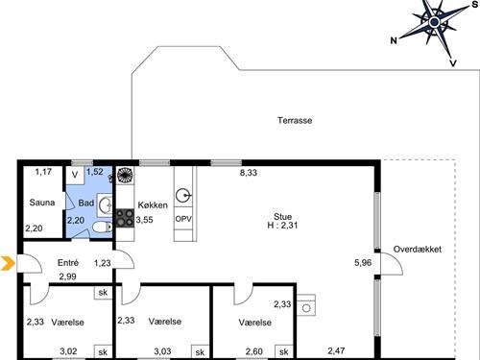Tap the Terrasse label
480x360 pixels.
point(296,121)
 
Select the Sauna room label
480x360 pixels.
point(41,203)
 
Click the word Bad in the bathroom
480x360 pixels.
point(85,204)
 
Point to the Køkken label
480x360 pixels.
point(153,205)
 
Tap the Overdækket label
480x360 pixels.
point(417,249)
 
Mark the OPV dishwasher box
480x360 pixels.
point(182,218)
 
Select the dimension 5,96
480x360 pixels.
point(362,262)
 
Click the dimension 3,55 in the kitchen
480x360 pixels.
point(144,220)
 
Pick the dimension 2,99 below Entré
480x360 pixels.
point(67,276)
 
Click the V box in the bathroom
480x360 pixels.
point(75,177)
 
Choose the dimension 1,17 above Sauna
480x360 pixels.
point(43,173)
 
